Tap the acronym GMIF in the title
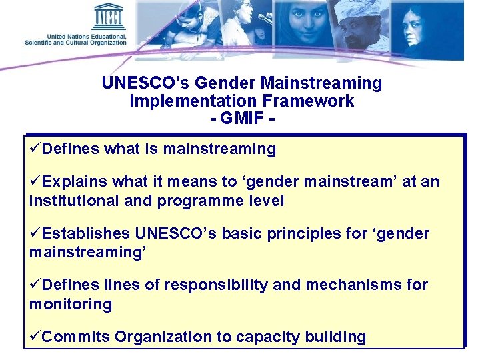point(241,119)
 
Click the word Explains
point(71,182)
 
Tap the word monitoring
point(70,305)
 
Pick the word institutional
point(71,201)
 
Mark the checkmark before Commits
point(35,336)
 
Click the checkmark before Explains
point(35,181)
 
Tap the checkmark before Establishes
point(35,233)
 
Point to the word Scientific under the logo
point(43,43)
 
